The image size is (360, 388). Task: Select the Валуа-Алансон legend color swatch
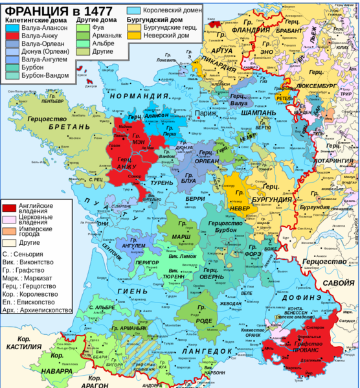click(12, 28)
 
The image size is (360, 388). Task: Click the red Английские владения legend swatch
click(10, 207)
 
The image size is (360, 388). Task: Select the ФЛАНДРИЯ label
click(250, 29)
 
